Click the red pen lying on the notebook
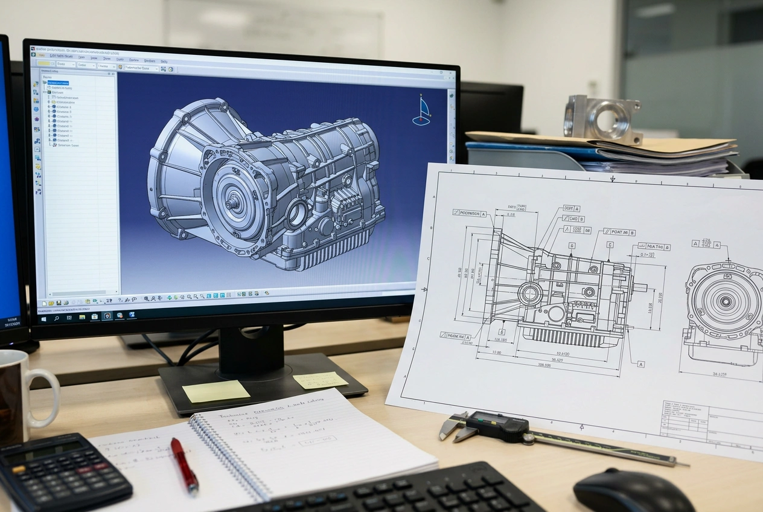[x=184, y=464]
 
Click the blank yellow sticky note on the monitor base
[x=215, y=391]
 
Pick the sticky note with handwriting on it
[x=320, y=380]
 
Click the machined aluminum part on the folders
[x=601, y=118]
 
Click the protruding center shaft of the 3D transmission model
[x=231, y=203]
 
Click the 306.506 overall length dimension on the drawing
[x=548, y=365]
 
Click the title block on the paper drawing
[x=712, y=420]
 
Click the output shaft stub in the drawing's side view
[x=639, y=287]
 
